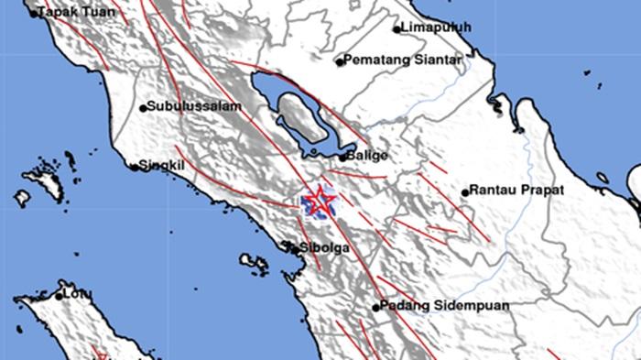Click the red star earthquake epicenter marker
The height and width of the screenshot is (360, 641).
320,201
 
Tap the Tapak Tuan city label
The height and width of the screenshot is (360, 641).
71,14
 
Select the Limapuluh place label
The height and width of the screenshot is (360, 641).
437,27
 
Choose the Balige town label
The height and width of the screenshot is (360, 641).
368,156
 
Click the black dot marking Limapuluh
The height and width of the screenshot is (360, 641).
397,28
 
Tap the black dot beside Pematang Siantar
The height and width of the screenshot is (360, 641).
339,62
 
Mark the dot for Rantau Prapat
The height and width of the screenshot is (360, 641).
465,192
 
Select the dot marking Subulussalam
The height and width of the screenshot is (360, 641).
143,108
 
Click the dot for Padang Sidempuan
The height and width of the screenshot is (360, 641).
376,307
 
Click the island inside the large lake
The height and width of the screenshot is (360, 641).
298,119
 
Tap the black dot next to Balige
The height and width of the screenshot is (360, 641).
343,158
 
